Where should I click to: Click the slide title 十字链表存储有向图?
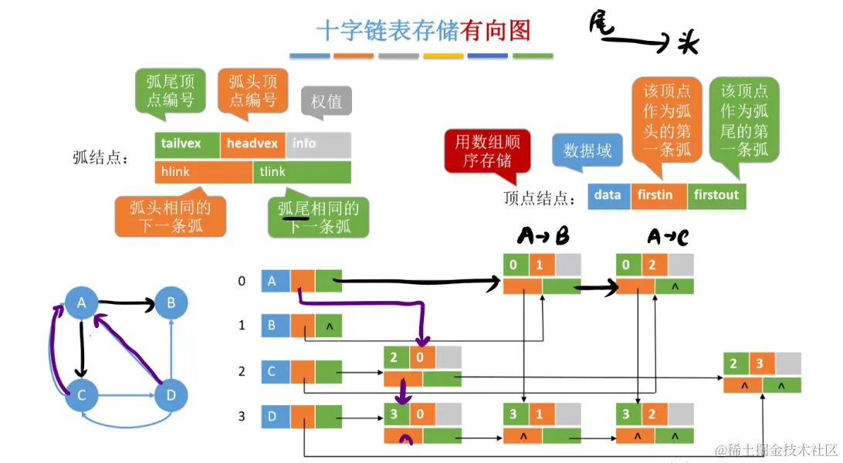[x=423, y=30]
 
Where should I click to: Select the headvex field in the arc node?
[x=252, y=144]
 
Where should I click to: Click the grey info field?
[x=318, y=144]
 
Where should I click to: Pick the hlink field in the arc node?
[x=203, y=172]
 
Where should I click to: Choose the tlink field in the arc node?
[x=302, y=172]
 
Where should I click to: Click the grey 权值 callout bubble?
[x=326, y=102]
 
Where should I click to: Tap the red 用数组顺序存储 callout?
[x=486, y=150]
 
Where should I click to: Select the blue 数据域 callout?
[x=587, y=150]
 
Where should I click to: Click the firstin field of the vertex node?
[x=658, y=196]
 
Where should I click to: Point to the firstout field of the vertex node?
[x=716, y=196]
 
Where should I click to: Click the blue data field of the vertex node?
[x=608, y=196]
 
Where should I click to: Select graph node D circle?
[x=171, y=396]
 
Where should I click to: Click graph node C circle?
[x=81, y=396]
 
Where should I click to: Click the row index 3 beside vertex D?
[x=242, y=417]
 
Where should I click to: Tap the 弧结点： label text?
[x=100, y=158]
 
